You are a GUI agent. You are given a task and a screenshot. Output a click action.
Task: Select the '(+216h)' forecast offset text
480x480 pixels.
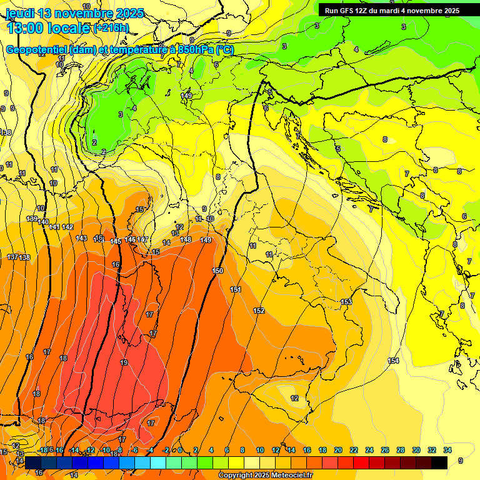click(x=111, y=28)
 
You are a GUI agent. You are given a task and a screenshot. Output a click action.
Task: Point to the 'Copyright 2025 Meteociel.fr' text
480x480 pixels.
click(x=266, y=476)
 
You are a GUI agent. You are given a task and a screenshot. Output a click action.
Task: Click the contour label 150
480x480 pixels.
click(x=217, y=271)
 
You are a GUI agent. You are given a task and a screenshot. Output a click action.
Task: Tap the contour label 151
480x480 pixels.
click(x=236, y=289)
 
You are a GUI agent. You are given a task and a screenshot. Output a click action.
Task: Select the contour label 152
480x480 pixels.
click(x=259, y=311)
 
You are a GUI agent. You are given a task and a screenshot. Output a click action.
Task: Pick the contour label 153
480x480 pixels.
click(x=346, y=302)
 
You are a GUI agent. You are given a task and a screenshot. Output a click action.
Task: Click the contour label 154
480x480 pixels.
click(x=393, y=361)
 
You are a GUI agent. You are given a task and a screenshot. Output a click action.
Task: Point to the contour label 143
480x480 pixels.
click(x=81, y=238)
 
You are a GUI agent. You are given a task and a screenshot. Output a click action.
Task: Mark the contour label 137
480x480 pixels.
click(x=12, y=257)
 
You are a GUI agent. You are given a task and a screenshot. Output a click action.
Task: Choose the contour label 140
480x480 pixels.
click(x=43, y=222)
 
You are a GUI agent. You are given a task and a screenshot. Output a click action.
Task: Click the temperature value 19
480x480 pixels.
click(x=124, y=362)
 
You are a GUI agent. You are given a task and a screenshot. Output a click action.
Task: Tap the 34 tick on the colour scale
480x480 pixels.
click(x=447, y=450)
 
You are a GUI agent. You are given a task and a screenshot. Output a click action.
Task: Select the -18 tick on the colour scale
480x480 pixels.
click(x=43, y=450)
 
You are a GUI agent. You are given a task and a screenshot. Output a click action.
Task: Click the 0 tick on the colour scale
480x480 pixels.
click(x=180, y=450)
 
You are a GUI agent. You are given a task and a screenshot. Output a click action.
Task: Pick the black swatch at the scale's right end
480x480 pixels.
click(x=439, y=462)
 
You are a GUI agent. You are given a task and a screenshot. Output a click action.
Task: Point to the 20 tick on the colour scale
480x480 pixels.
click(x=337, y=450)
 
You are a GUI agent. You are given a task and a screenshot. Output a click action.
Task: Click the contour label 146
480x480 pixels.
click(x=130, y=239)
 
